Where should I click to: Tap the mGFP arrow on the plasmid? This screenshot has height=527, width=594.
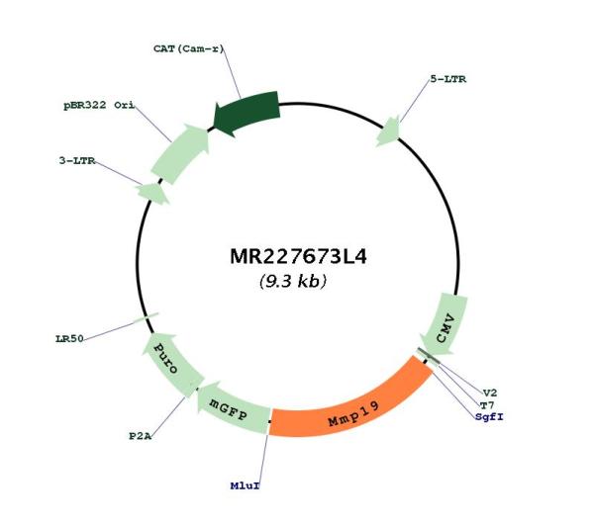click(x=231, y=409)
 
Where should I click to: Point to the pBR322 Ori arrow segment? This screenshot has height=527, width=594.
click(x=181, y=152)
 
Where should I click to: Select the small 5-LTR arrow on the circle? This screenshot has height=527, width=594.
click(x=388, y=131)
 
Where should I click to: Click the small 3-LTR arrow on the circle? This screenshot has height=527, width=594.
click(x=153, y=194)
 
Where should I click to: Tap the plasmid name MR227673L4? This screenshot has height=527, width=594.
click(x=298, y=256)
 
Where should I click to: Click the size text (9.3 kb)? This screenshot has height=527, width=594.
click(x=293, y=281)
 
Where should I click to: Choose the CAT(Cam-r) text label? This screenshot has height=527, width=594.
click(x=189, y=48)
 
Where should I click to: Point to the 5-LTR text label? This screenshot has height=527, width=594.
click(x=448, y=79)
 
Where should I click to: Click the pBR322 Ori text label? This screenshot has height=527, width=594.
click(x=99, y=105)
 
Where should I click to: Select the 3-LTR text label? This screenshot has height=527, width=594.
click(x=77, y=161)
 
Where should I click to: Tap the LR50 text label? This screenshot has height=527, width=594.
click(x=69, y=338)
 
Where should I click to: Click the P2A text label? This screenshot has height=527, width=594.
click(x=141, y=436)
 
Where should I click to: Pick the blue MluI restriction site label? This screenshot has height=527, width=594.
click(x=246, y=485)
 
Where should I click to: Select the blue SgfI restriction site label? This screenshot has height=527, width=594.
click(x=489, y=417)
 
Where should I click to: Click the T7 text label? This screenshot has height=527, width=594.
click(x=487, y=405)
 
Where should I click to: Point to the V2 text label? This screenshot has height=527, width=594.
click(x=490, y=394)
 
